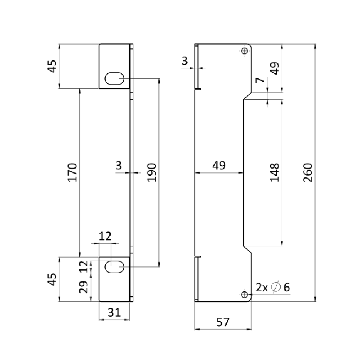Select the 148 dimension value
[275, 172]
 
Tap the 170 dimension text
[73, 172]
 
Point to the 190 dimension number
[152, 172]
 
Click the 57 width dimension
[223, 322]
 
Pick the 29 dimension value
[84, 287]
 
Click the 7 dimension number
[260, 81]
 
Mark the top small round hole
[244, 51]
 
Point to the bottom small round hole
[244, 294]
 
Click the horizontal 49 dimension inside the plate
[219, 165]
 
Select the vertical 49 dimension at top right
[275, 68]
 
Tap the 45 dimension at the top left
[53, 67]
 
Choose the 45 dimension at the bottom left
[53, 279]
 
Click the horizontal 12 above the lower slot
[105, 237]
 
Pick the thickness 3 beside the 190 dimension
[118, 165]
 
